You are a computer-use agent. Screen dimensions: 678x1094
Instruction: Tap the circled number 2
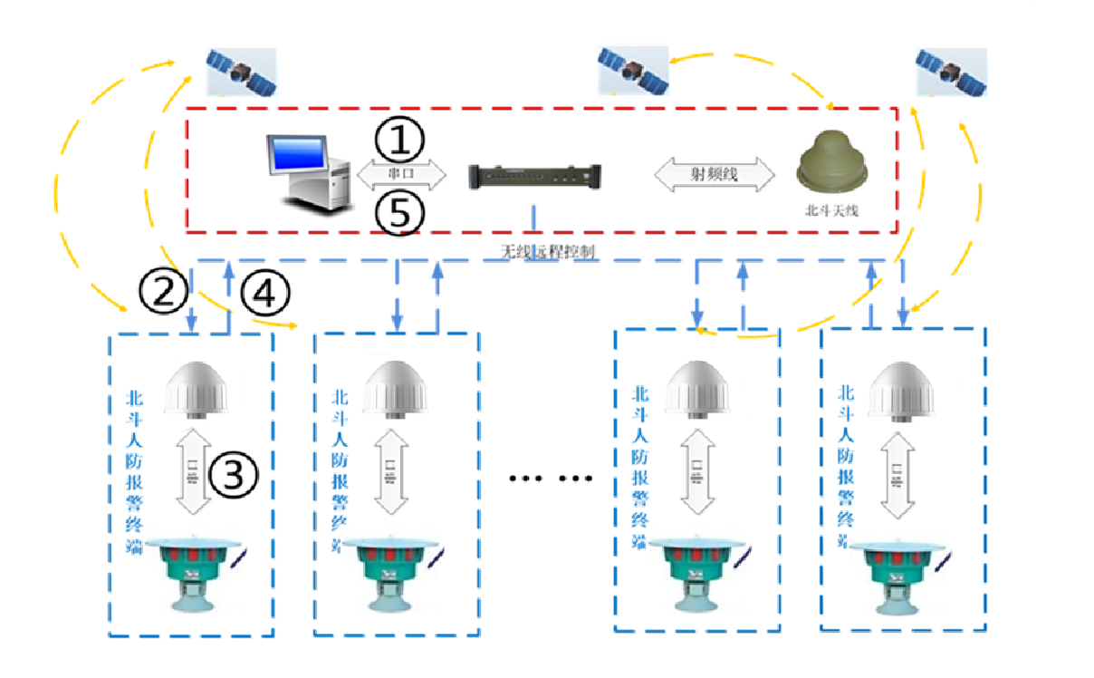(163, 291)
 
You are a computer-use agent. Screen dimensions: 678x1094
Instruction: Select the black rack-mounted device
(534, 175)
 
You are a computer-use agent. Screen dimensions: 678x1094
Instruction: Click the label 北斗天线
(830, 210)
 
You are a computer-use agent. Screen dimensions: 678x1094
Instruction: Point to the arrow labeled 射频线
(715, 173)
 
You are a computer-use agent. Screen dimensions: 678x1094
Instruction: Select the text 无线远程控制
(548, 251)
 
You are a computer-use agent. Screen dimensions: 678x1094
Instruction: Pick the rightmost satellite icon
(950, 72)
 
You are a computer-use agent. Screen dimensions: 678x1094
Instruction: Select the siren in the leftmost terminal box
(199, 572)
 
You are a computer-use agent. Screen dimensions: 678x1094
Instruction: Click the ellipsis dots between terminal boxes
(550, 478)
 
